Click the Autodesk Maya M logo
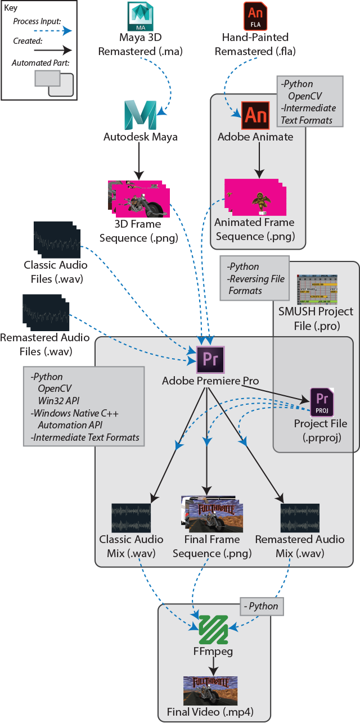[140, 116]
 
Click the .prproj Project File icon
[322, 403]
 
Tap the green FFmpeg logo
[214, 630]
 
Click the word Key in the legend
[11, 8]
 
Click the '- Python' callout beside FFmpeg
[262, 606]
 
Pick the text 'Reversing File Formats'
[256, 285]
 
